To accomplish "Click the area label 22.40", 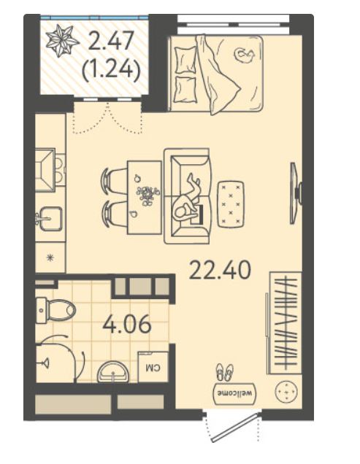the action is coord(220,270).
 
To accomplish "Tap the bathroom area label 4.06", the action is coord(127,325).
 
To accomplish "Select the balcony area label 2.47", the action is coord(110,40).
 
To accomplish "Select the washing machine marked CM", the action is coord(153,366).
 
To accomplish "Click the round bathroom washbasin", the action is coord(113,371).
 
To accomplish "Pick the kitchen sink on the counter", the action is coord(49,219).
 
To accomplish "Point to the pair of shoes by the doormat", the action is coord(225,372).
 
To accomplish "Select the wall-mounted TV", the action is coord(296,193).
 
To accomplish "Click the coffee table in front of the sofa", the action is coord(231,204).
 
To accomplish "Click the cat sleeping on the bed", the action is coord(245,55).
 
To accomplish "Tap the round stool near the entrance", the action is coord(286,392).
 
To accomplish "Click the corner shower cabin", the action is coord(59,359).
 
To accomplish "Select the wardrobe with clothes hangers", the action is coord(285,323).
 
